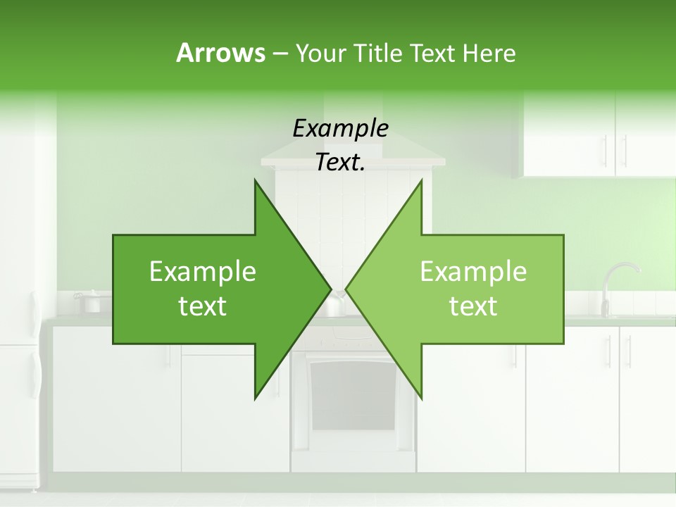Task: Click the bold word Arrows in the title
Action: coord(220,53)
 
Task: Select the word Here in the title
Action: coord(489,53)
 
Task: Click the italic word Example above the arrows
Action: coord(340,129)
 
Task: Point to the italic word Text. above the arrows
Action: coord(340,163)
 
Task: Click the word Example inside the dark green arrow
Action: coord(203,272)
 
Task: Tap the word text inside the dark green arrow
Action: coord(203,306)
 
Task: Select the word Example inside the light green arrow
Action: coord(473,272)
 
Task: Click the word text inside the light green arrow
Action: coord(473,306)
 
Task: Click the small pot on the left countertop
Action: coord(91,303)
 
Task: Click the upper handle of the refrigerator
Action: coord(34,313)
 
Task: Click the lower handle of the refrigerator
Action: coord(34,373)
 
